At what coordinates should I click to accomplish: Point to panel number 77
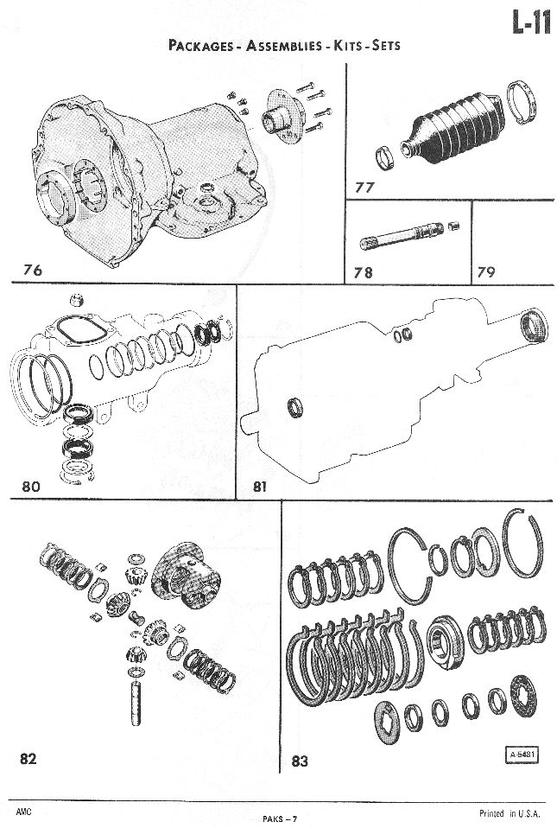click(364, 187)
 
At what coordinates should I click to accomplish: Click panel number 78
click(364, 272)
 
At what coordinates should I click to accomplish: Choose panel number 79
click(486, 272)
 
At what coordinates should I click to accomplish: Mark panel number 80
click(31, 486)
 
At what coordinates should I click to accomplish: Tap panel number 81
click(261, 487)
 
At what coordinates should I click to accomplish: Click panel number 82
click(28, 759)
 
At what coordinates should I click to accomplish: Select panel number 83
click(300, 761)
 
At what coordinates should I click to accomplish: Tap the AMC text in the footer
click(23, 812)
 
